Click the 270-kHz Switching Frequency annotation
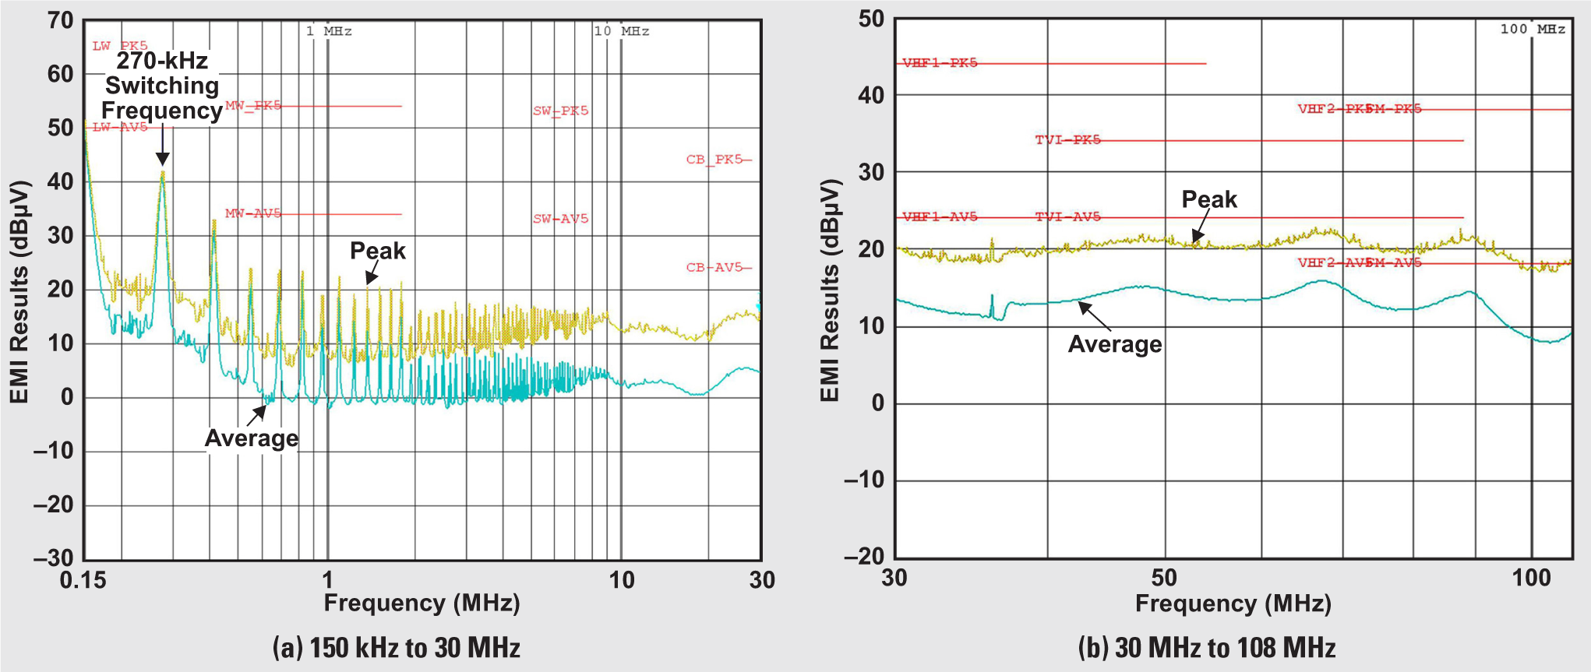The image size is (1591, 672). coord(161,86)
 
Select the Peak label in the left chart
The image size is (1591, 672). coord(378,251)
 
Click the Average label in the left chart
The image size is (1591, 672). coord(252,438)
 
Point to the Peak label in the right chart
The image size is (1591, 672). coord(1209,199)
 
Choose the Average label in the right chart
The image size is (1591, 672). coord(1115,344)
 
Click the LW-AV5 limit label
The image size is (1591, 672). coord(120,127)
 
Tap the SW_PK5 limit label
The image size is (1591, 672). coord(560,111)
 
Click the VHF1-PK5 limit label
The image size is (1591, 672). coord(940,63)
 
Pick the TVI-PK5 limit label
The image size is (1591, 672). coord(1067,140)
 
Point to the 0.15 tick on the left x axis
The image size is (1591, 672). coord(83,580)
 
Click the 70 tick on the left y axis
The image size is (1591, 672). coord(60,20)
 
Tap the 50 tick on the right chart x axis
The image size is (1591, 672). coord(1164,578)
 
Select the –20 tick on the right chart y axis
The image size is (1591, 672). coord(864,556)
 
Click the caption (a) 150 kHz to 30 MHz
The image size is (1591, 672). coord(396,648)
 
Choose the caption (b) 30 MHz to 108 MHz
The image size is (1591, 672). coord(1207,648)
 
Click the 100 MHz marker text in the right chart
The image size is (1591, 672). coord(1533,30)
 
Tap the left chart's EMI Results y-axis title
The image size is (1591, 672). coord(19,292)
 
